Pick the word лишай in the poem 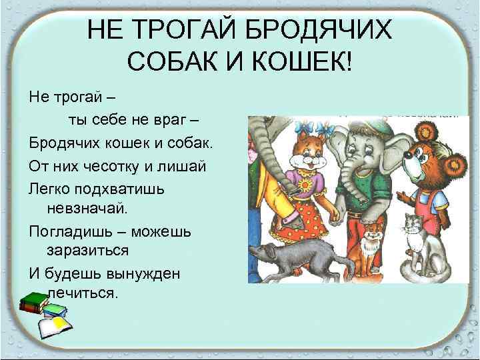pos(177,164)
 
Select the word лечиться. pos(83,293)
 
